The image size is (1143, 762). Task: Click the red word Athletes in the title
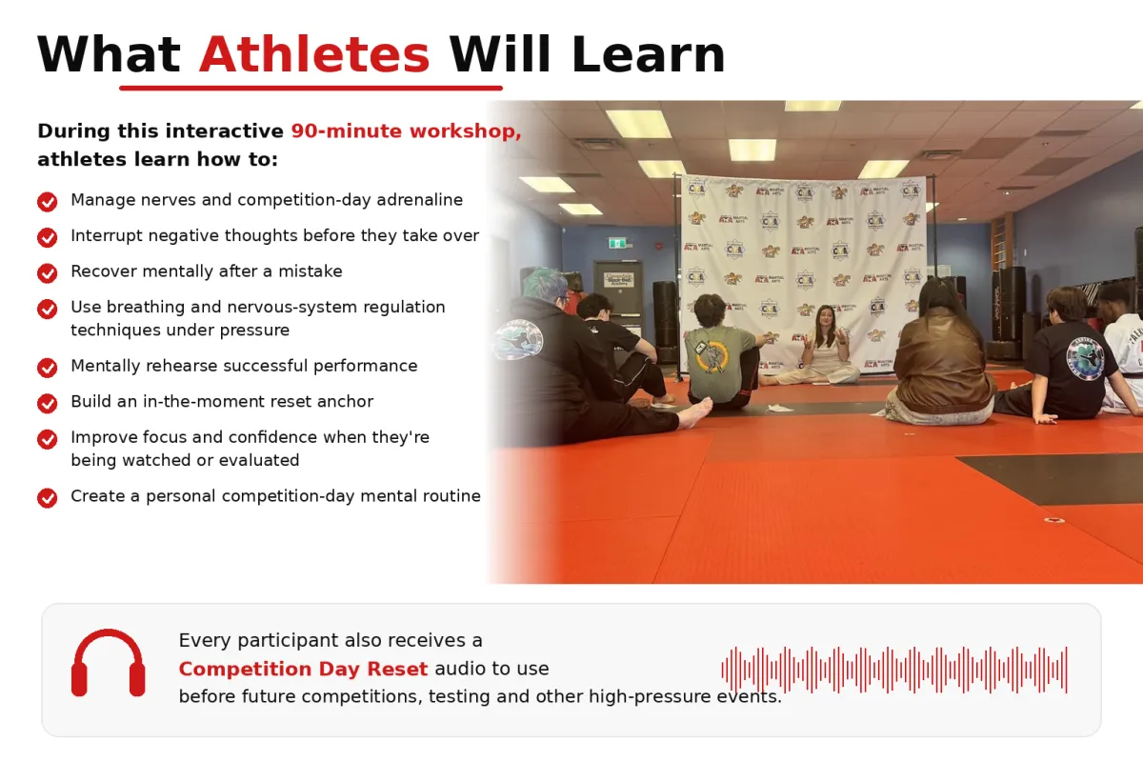(314, 54)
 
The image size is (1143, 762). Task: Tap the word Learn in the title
(648, 54)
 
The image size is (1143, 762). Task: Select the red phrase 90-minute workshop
(406, 131)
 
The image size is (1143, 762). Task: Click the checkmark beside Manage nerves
(48, 201)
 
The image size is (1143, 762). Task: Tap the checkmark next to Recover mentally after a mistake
(48, 272)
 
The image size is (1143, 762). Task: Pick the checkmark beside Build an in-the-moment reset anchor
(48, 403)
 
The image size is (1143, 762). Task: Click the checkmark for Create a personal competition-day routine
(48, 497)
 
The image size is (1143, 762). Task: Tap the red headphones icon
(109, 663)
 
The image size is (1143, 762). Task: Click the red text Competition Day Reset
(303, 669)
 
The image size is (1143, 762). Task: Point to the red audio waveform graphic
(894, 670)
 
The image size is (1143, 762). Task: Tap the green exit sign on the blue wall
(618, 243)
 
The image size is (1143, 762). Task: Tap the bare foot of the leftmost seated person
(695, 411)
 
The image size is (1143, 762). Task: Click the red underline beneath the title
(311, 89)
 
